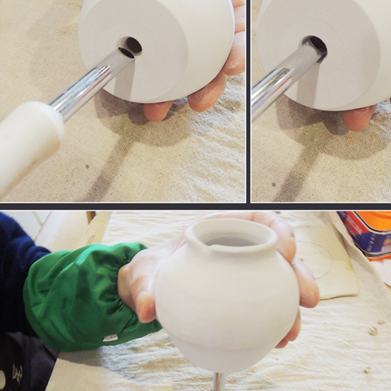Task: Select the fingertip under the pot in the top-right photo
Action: pos(359,117)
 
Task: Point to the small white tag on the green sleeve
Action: pos(110,337)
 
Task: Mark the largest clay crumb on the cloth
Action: pos(373,330)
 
